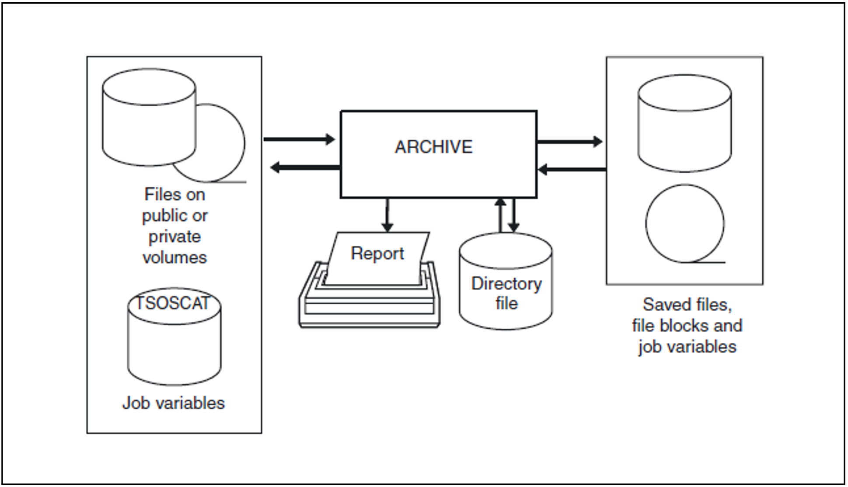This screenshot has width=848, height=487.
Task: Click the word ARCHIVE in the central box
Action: tap(433, 147)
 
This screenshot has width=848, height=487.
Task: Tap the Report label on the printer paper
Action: tap(377, 254)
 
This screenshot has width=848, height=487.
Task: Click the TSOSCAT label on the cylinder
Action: tap(173, 303)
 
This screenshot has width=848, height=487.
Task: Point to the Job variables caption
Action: tap(173, 403)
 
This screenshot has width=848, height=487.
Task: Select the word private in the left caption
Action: tap(174, 237)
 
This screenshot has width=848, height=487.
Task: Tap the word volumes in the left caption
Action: tap(174, 257)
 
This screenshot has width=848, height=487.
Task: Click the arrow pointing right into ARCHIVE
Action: tap(299, 139)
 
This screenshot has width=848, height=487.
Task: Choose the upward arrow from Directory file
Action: tap(501, 215)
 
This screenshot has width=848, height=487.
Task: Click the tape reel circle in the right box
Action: tap(684, 224)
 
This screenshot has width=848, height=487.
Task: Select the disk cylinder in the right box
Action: tap(684, 124)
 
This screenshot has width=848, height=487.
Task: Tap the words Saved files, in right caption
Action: tap(687, 305)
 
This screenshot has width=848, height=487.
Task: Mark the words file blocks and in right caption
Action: tap(687, 326)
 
